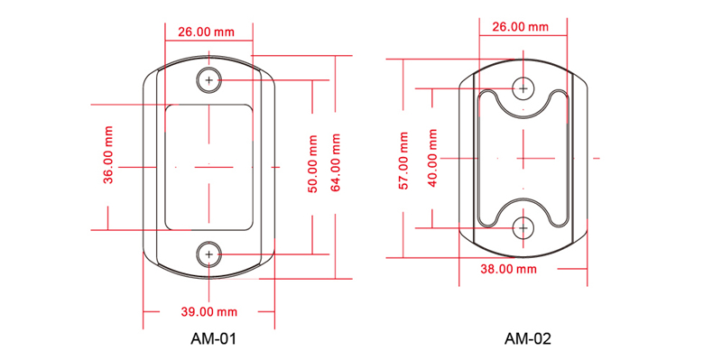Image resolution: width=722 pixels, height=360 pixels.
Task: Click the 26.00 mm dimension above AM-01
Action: click(206, 32)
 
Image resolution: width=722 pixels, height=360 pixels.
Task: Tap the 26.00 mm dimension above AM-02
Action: click(521, 27)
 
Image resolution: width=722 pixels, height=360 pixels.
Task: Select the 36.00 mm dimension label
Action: click(108, 155)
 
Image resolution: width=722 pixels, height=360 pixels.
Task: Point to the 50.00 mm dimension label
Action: click(312, 164)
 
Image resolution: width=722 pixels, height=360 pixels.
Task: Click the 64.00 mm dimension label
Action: click(335, 162)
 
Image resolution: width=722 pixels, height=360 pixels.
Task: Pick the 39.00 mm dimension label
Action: click(208, 312)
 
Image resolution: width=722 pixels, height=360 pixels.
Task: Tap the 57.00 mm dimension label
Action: click(403, 161)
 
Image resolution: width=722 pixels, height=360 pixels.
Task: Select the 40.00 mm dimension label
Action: click(432, 158)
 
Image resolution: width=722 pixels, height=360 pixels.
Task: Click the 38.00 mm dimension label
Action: click(508, 269)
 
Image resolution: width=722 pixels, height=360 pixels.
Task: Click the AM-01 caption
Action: click(213, 339)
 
